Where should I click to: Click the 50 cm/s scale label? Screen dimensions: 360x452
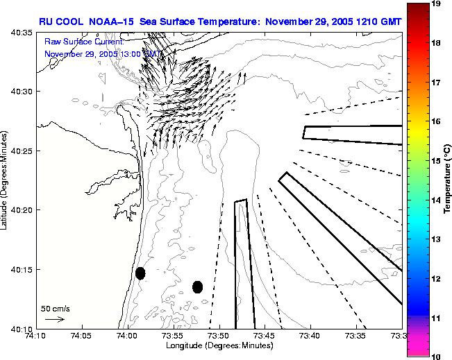point(55,308)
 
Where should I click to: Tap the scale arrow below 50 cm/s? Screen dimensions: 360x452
point(55,319)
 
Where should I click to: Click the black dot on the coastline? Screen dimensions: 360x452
point(140,273)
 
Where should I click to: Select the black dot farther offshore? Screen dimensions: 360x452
point(197,286)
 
